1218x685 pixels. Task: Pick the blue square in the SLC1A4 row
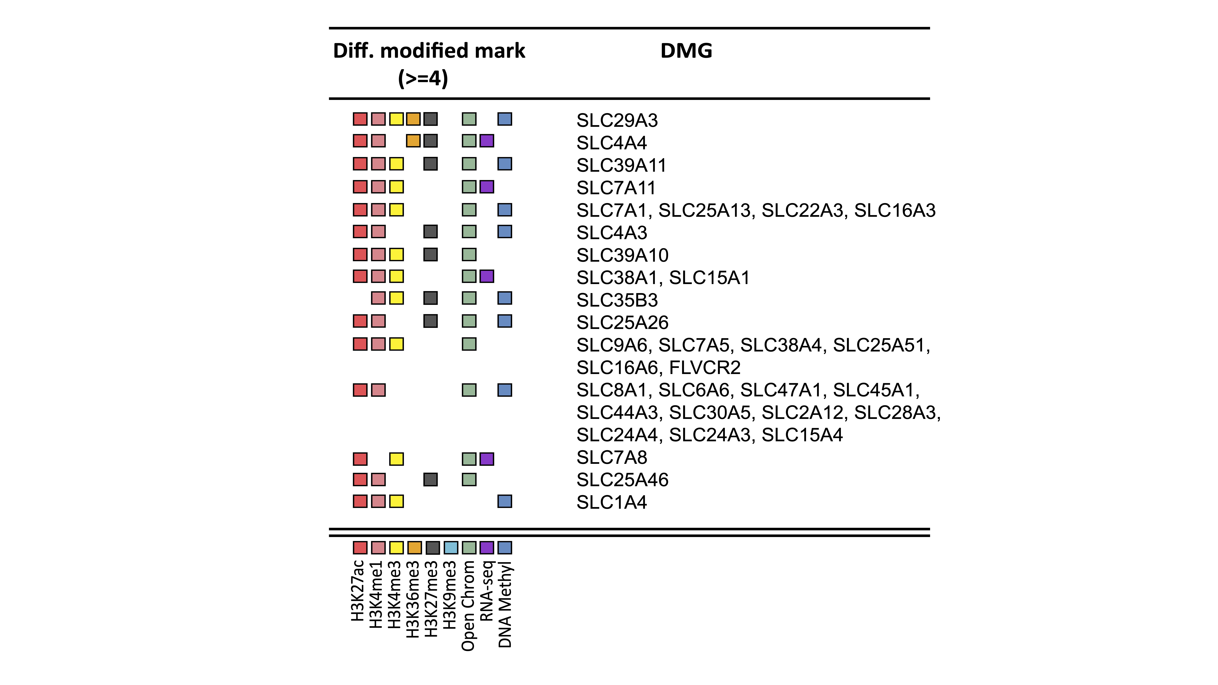click(505, 501)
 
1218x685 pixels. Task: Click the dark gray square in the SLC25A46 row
click(430, 479)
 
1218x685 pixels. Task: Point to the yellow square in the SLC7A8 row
click(396, 458)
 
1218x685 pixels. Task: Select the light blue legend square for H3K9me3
click(451, 547)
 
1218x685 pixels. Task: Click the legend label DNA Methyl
click(505, 604)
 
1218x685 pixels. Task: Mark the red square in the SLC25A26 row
click(360, 321)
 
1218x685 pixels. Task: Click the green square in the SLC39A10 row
click(469, 254)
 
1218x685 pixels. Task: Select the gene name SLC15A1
click(709, 278)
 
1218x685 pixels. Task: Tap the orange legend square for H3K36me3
click(414, 547)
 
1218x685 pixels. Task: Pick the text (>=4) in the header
click(423, 79)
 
